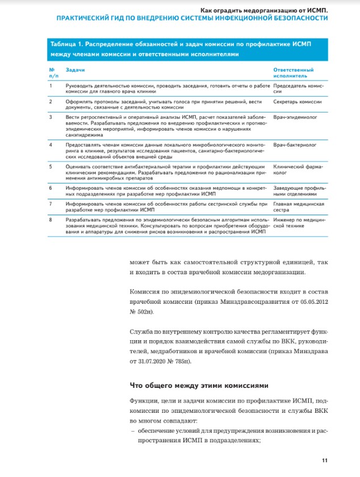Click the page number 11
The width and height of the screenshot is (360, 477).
325,460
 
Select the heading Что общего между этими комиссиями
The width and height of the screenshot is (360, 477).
194,384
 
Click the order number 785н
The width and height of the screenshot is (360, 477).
182,361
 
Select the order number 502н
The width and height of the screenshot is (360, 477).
142,312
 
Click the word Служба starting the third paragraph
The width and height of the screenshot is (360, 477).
142,331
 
